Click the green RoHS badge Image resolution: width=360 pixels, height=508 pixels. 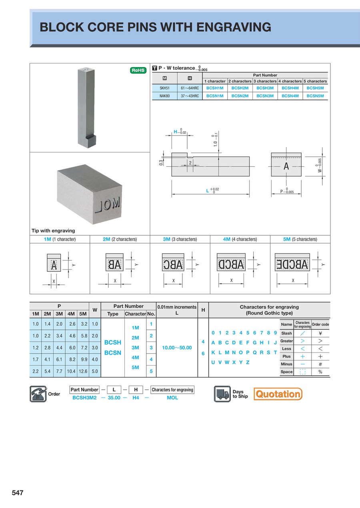(x=138, y=70)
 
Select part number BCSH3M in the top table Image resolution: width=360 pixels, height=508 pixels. (x=265, y=88)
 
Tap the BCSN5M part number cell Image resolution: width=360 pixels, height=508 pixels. (x=315, y=96)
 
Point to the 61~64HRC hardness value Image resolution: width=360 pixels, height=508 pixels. (x=190, y=88)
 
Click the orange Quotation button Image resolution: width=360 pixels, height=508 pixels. (x=278, y=394)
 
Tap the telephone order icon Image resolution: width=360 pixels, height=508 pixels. (x=38, y=394)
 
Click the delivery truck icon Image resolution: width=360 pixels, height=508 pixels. (x=222, y=394)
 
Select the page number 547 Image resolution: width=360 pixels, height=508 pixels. (x=18, y=493)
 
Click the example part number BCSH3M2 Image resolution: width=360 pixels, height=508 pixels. (x=84, y=398)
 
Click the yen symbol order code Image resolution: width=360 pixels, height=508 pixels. (x=320, y=333)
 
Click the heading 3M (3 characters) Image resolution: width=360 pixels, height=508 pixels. (x=180, y=239)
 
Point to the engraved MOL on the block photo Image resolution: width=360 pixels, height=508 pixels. (x=108, y=205)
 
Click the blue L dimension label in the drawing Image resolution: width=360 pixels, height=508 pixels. (x=208, y=191)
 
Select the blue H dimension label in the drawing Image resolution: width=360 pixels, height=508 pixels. (x=175, y=131)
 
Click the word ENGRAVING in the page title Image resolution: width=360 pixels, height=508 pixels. (x=232, y=27)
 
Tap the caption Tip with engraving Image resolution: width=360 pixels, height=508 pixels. (x=53, y=231)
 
